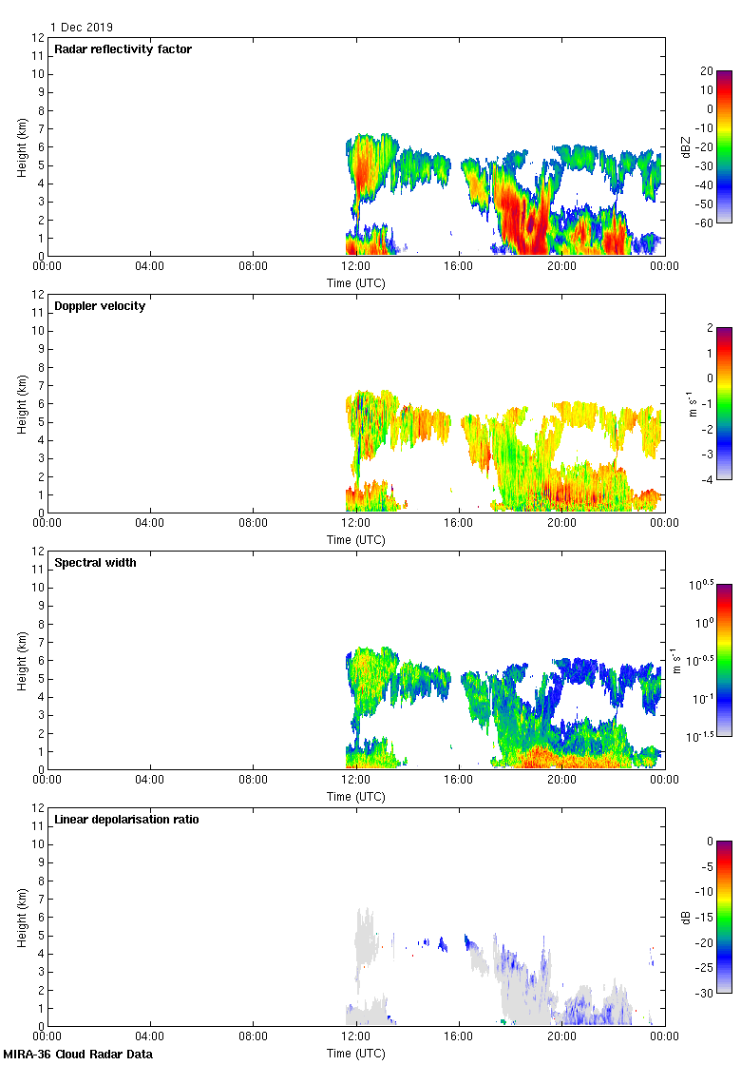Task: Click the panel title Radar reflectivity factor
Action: point(123,49)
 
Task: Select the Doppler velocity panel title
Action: point(100,306)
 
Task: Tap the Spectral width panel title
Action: point(97,563)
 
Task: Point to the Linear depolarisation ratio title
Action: point(126,820)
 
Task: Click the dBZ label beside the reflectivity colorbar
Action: point(687,146)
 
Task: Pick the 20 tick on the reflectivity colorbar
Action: point(706,71)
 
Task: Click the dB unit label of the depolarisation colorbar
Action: point(687,917)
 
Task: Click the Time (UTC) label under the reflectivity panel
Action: point(356,282)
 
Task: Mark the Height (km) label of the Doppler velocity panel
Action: point(22,403)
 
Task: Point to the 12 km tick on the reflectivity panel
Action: point(38,38)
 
